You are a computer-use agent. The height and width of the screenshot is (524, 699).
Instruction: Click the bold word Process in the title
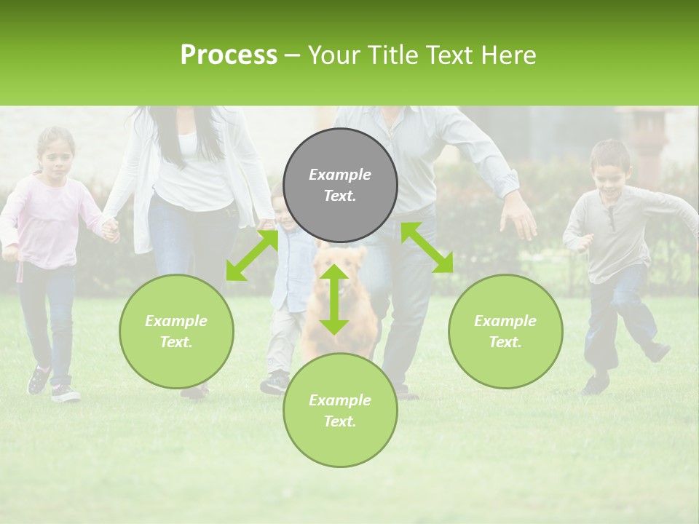point(229,55)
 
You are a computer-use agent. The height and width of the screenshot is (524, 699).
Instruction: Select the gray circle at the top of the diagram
point(340,185)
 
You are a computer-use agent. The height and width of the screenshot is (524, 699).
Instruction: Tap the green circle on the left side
point(176,331)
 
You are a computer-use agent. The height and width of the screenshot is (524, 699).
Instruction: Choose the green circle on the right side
point(505,331)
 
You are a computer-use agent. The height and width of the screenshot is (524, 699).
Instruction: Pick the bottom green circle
point(340,410)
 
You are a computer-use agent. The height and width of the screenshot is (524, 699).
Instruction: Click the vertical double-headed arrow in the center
point(334,299)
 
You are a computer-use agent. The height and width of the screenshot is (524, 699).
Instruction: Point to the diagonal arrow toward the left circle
point(252,255)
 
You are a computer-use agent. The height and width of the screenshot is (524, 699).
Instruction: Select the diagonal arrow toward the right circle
point(427,247)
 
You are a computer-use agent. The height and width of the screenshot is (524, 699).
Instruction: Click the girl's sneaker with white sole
point(65,394)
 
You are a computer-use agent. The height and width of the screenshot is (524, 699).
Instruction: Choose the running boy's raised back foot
point(658,352)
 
